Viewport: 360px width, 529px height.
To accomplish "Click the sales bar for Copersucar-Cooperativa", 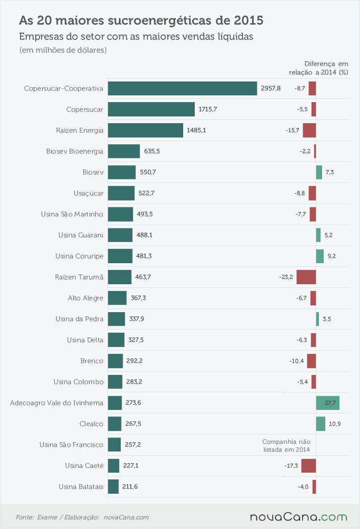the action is click(183, 88).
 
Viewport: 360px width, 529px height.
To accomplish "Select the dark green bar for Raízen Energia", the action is click(145, 130).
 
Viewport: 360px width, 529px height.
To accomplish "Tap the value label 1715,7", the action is click(208, 109).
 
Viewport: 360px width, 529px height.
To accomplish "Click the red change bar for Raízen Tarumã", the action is click(306, 277).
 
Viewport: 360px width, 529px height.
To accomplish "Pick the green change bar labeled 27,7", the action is click(327, 403).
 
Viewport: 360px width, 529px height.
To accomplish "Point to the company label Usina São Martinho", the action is click(72, 214).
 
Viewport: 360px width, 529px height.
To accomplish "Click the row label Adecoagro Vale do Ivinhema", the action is click(57, 403).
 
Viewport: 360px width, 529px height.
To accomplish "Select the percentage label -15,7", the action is click(292, 130).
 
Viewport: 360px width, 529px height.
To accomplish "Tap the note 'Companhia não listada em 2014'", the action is click(286, 446).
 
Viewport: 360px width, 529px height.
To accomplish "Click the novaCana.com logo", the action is click(298, 517).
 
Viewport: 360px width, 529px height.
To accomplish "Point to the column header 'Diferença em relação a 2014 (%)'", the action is click(318, 68).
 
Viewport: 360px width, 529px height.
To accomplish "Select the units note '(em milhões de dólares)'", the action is click(63, 50).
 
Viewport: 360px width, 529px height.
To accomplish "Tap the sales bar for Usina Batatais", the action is click(113, 486).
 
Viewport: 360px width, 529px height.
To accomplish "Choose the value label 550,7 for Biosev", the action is click(148, 172).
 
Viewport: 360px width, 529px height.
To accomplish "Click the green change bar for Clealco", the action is click(321, 424).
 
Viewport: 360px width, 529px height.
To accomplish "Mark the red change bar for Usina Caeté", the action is click(309, 466).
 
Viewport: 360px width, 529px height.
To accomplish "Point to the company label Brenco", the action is click(92, 361).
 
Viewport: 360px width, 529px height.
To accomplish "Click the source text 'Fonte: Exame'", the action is click(36, 517).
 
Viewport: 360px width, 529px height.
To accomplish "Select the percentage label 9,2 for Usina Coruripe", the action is click(332, 256).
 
